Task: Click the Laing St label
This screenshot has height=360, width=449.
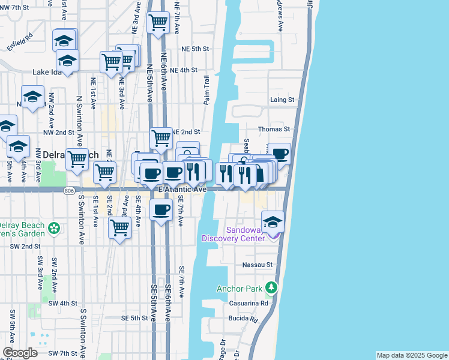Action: coord(282,100)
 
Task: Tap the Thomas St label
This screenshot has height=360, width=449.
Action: coord(274,129)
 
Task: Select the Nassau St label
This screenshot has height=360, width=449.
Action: coord(258,264)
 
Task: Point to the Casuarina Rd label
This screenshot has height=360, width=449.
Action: coord(247,304)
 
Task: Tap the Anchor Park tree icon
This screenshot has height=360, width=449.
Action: coord(272,289)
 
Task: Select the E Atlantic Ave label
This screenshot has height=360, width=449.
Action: coord(182,189)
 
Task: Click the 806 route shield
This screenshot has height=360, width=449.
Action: coord(70,190)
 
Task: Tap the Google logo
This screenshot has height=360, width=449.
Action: coord(20,353)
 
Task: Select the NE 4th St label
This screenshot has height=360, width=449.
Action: coord(184,70)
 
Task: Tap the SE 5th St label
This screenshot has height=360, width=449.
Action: coord(134,318)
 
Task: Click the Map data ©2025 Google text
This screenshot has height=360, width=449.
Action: coord(412,355)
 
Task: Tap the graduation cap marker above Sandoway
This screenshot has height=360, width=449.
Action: coord(273,222)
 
